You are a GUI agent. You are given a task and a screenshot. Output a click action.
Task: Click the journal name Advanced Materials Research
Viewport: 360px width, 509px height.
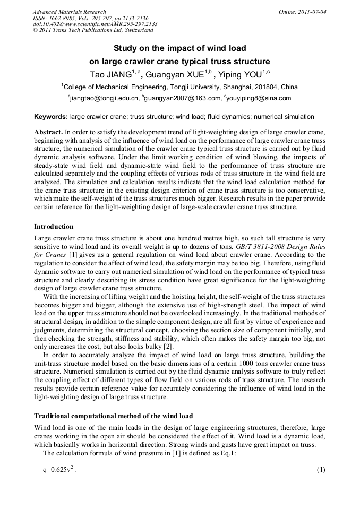point(69,12)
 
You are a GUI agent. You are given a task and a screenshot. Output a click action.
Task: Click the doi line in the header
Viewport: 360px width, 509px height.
point(95,24)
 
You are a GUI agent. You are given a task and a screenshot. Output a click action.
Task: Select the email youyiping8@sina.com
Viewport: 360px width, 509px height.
point(260,98)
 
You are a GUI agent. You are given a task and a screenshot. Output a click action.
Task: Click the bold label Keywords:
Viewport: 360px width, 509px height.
point(50,117)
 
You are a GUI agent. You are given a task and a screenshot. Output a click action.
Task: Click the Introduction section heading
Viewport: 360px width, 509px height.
point(57,227)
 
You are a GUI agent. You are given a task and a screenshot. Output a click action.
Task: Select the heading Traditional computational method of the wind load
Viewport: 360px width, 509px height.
point(113,416)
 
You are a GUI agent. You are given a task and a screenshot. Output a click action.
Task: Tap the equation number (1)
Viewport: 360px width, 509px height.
point(320,470)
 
